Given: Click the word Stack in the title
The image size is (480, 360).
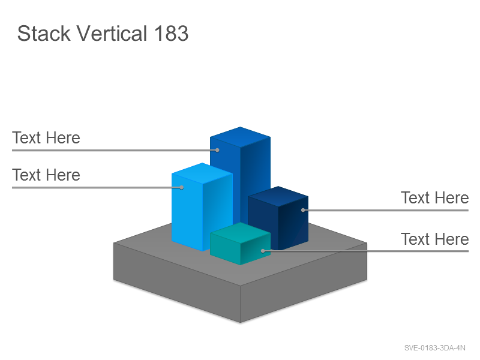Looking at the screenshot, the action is [44, 33].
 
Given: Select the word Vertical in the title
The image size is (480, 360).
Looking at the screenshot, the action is [112, 33].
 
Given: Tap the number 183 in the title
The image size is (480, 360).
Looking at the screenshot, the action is [171, 33].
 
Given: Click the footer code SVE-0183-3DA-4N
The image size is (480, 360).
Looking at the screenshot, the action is [434, 348].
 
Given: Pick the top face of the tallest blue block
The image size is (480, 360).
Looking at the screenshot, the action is [241, 137].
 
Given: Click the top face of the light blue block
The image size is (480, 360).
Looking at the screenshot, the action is [202, 173].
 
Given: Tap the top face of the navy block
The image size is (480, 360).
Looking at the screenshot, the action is [278, 196].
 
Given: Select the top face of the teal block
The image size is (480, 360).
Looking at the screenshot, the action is [241, 233].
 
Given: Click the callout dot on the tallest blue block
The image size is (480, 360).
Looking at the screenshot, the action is [217, 150].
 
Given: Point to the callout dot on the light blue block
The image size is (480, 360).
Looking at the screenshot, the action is [182, 187].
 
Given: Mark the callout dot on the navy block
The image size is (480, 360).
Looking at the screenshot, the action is [303, 210].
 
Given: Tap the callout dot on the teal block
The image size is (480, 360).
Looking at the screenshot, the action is [263, 251].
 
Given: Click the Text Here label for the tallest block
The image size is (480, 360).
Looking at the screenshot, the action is [46, 138].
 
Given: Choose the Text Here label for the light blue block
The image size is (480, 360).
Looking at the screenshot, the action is [46, 175].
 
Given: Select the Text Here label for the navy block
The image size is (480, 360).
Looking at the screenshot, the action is [434, 198].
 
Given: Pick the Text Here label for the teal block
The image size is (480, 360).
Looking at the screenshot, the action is [434, 239].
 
